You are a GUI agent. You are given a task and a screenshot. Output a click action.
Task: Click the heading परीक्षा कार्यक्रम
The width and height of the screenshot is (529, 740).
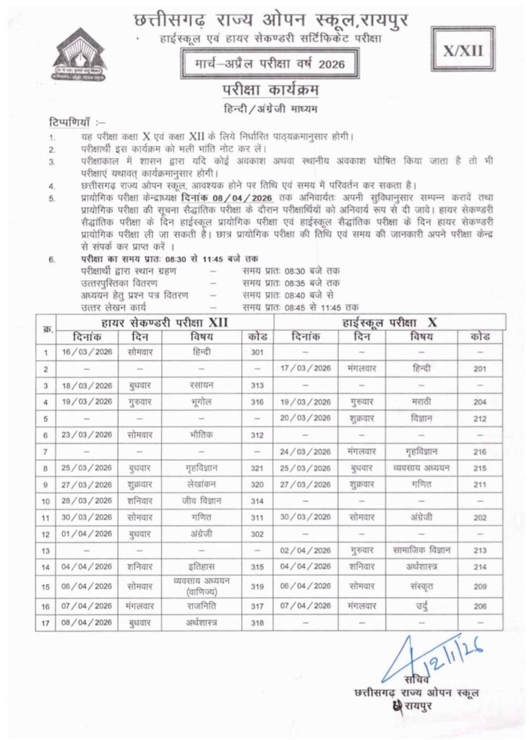click(x=264, y=90)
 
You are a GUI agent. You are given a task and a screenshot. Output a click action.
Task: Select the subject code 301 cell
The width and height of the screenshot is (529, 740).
click(x=257, y=352)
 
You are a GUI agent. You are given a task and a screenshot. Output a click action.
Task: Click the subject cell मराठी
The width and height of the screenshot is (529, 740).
click(x=419, y=402)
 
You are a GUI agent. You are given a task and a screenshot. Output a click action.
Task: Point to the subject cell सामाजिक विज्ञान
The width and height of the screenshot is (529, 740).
click(x=419, y=551)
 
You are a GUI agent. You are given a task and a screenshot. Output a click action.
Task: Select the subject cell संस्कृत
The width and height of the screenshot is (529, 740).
click(x=419, y=587)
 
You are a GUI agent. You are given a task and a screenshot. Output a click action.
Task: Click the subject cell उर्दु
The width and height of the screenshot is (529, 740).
click(x=419, y=605)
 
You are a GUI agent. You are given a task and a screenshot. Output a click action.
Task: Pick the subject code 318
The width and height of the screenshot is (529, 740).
click(x=257, y=621)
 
